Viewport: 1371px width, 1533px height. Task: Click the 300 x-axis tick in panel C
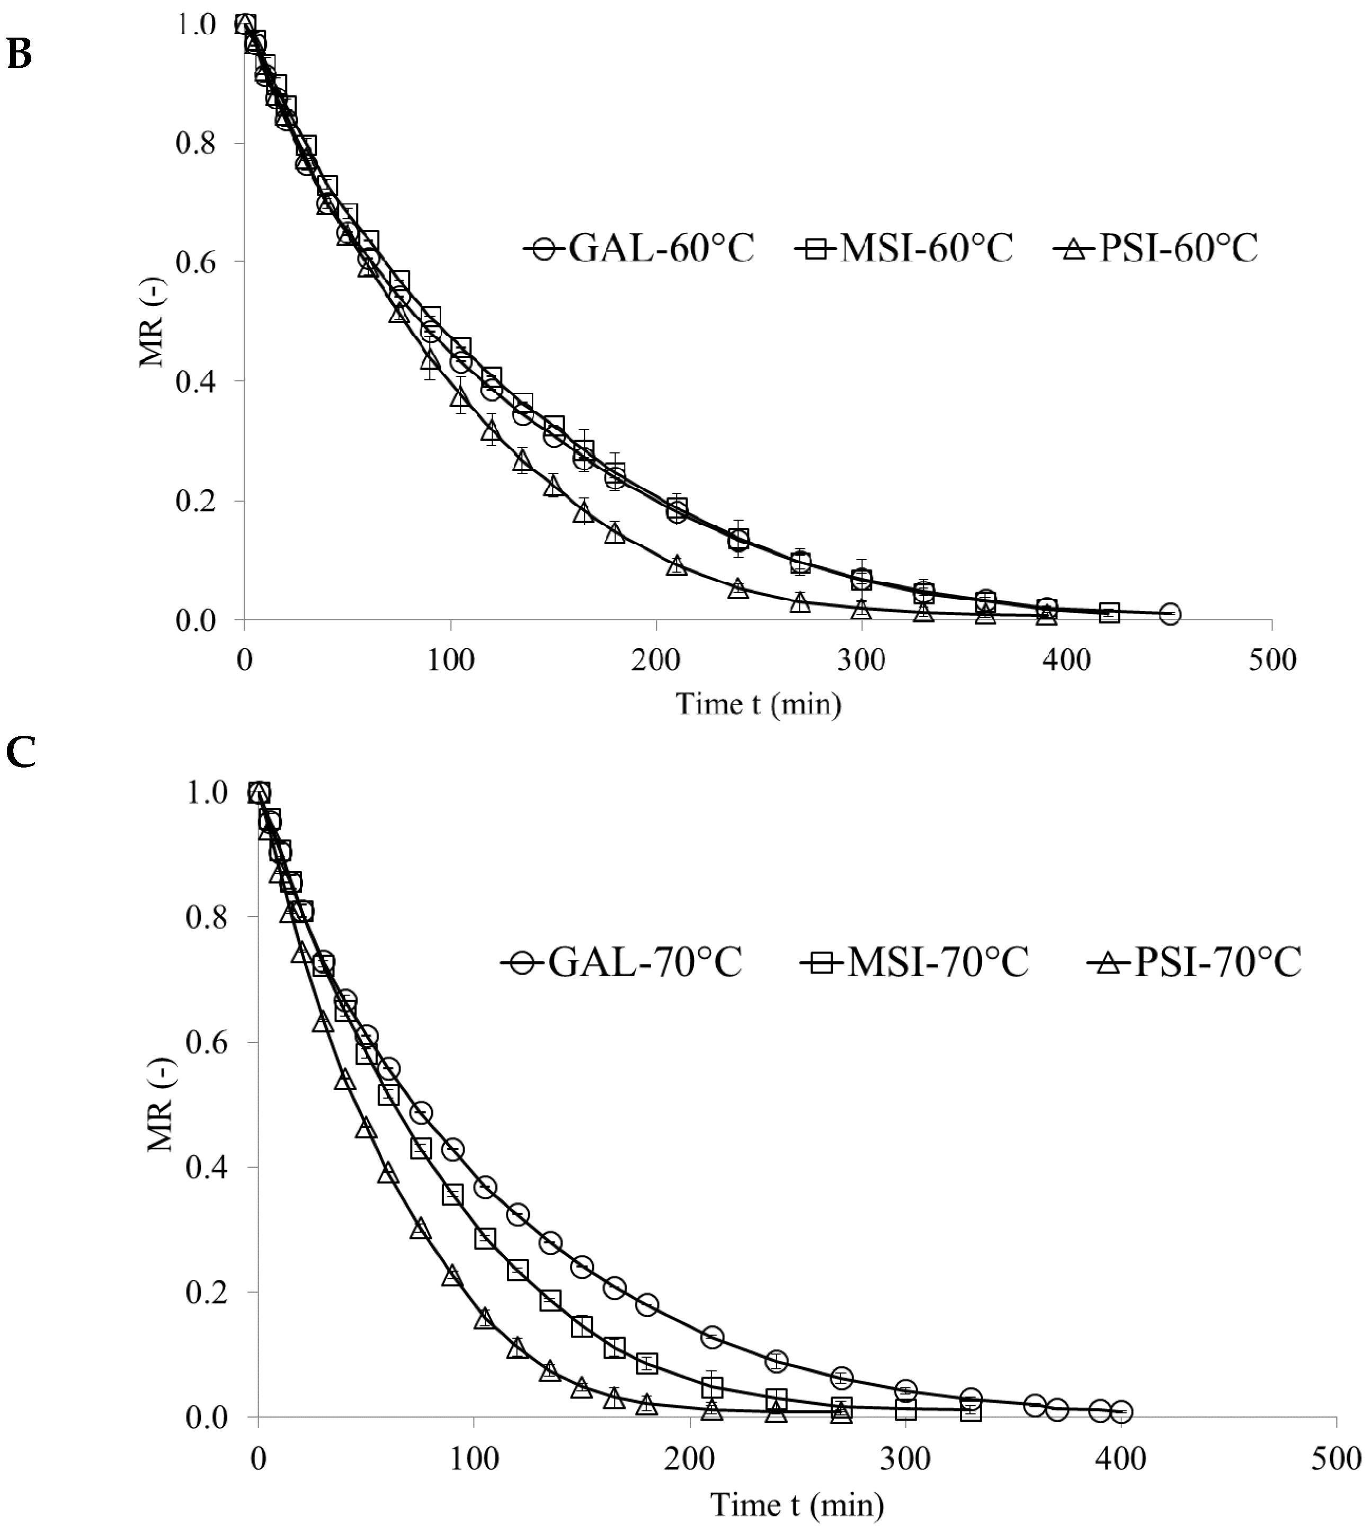[x=905, y=1458]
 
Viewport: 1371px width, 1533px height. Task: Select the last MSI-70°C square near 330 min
[x=971, y=1411]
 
